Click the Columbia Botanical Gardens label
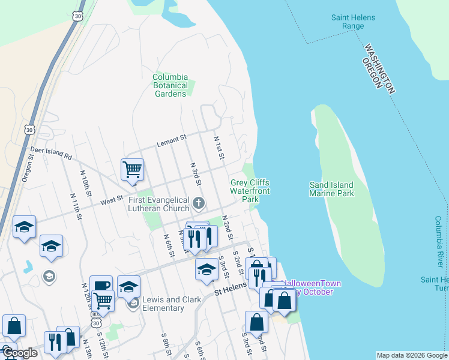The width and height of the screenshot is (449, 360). pos(170,85)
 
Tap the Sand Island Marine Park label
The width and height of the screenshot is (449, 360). pos(331,189)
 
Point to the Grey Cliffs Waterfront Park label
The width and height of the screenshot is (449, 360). pos(250,191)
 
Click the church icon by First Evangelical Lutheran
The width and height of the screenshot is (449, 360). pos(199,203)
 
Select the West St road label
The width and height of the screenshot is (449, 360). pos(111,197)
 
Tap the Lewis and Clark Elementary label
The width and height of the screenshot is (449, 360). pos(163,304)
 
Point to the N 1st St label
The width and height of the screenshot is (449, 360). pos(218,148)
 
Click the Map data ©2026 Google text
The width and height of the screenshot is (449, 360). pos(411,355)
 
